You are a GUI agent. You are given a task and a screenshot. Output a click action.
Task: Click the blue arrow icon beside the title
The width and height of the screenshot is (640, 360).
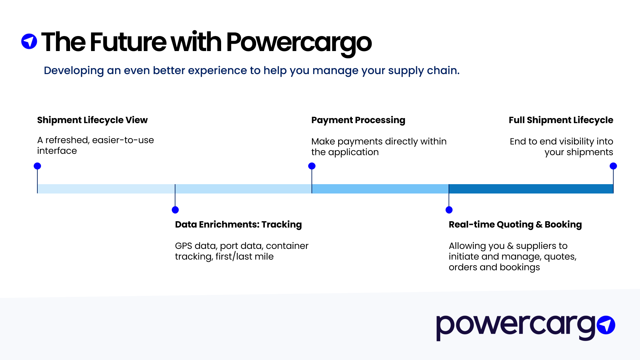29,41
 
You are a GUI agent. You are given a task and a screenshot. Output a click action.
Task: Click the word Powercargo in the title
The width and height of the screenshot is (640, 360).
298,43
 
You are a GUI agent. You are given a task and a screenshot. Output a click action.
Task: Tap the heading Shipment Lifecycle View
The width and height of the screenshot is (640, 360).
92,120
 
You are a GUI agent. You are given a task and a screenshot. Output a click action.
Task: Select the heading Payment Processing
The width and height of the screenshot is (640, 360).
358,120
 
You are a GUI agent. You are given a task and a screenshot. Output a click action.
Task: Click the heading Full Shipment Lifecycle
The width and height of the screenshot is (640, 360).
561,120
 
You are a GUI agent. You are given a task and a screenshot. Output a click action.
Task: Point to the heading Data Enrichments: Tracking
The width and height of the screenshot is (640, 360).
238,225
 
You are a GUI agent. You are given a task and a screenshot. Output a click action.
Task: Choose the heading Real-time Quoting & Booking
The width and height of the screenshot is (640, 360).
515,225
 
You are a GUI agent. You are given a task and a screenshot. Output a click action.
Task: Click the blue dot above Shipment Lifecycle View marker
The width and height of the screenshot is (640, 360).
37,166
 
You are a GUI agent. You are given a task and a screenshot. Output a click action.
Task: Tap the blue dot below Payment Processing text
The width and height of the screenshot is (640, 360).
312,166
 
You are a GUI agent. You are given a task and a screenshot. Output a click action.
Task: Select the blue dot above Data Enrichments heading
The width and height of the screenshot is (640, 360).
175,210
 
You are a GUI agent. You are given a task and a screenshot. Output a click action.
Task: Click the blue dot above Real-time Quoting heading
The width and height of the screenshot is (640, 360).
449,210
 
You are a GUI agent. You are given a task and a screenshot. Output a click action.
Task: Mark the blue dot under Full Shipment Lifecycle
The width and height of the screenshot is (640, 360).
613,166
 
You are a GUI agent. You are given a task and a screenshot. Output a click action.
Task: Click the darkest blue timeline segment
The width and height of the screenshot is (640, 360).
531,189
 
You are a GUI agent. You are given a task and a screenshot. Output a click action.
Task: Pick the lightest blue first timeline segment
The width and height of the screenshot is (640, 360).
106,189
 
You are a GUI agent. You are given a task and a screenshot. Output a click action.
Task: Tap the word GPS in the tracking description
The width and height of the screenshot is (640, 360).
183,246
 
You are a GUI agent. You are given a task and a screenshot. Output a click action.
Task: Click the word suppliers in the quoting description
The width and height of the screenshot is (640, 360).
541,246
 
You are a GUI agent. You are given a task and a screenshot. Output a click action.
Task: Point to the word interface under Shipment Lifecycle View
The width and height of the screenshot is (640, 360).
57,151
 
